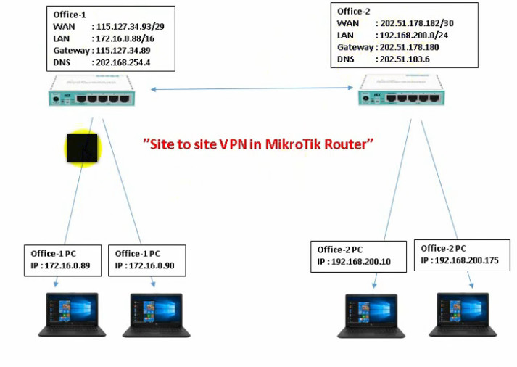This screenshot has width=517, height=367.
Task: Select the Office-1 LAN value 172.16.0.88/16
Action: [x=125, y=38]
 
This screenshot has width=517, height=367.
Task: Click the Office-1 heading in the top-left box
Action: [x=70, y=15]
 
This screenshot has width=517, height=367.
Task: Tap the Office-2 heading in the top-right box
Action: [x=355, y=12]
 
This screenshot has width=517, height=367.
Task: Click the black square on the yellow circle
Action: [x=83, y=147]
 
